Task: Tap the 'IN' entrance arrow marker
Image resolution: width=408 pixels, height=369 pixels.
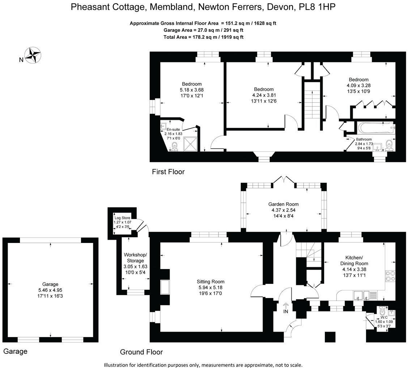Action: click(x=286, y=308)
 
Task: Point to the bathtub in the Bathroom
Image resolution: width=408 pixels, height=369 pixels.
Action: click(x=375, y=128)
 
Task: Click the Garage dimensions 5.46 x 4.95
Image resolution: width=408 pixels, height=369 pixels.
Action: click(x=50, y=290)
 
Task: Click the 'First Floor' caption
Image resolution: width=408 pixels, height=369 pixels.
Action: click(x=168, y=172)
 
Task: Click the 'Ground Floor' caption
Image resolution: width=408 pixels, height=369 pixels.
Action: click(x=141, y=352)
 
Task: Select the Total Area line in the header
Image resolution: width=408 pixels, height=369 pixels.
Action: click(x=204, y=37)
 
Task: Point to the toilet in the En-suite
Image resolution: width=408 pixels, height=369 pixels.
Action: click(x=174, y=146)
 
